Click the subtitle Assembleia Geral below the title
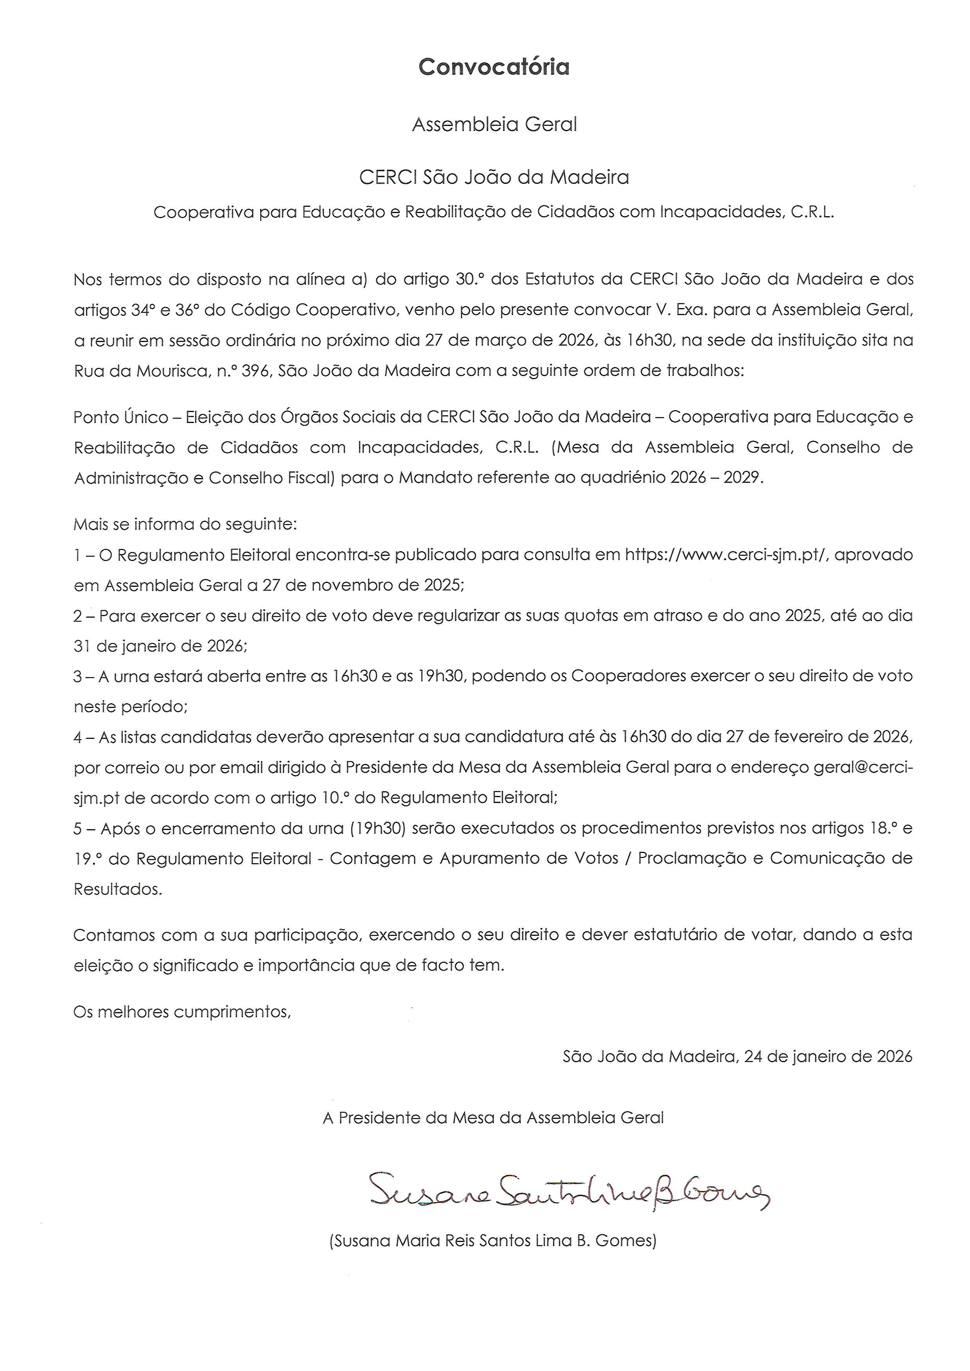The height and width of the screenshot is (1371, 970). click(x=494, y=124)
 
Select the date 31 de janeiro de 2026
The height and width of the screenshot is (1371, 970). click(x=160, y=646)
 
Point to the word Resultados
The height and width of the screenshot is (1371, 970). click(x=118, y=889)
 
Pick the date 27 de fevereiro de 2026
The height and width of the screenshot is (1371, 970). click(x=818, y=737)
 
